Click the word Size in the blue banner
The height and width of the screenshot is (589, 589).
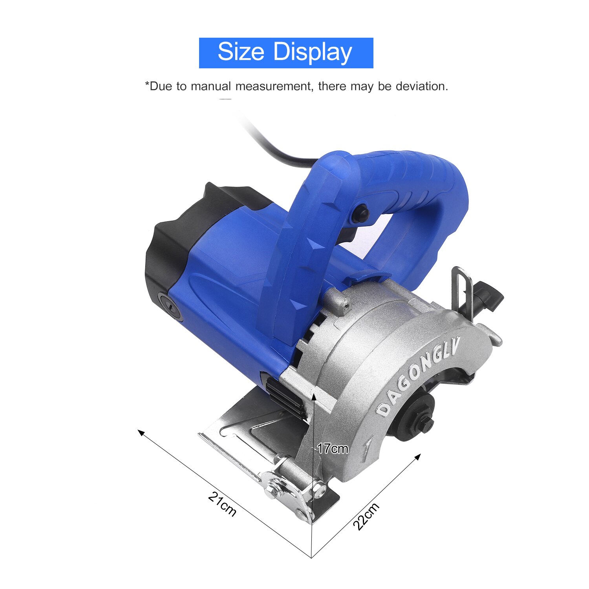coord(241,52)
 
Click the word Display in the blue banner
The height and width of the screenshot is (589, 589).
coord(313,53)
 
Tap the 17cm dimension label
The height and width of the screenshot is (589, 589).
coord(333,448)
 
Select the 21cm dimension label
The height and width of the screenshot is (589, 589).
coord(222,504)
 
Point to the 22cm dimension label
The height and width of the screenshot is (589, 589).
coord(366,516)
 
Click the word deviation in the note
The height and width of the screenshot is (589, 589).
coord(421,86)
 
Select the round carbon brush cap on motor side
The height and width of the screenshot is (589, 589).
coord(170,305)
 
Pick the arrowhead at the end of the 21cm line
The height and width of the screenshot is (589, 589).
coord(140,432)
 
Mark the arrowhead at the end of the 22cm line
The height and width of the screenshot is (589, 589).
coord(419,456)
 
